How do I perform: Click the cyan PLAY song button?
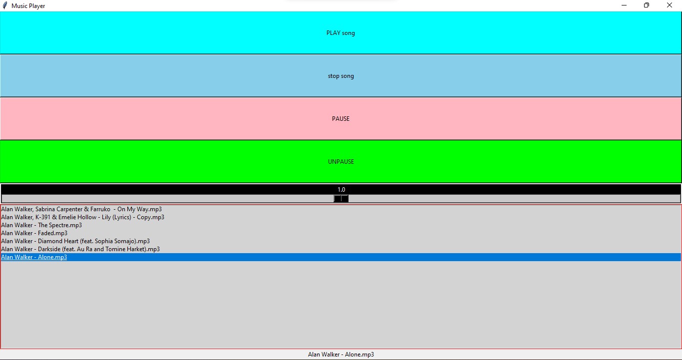(x=341, y=33)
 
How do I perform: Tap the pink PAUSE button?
(x=341, y=119)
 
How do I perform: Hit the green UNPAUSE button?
(x=341, y=162)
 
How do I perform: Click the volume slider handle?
(x=341, y=199)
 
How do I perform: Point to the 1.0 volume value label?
(x=341, y=190)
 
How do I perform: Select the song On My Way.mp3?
(x=81, y=209)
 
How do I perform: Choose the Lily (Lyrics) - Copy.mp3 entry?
(x=82, y=217)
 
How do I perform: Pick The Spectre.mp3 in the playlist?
(x=41, y=225)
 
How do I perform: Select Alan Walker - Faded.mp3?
(x=34, y=233)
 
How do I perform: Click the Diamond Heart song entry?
(x=75, y=241)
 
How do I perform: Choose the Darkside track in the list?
(x=80, y=249)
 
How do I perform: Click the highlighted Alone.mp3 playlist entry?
(x=34, y=257)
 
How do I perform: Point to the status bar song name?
(x=341, y=355)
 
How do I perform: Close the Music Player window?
(x=670, y=5)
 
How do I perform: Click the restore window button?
(x=647, y=5)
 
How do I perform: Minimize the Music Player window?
(x=624, y=5)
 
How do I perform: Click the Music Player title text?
(x=28, y=6)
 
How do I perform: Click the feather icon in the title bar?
(x=5, y=5)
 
